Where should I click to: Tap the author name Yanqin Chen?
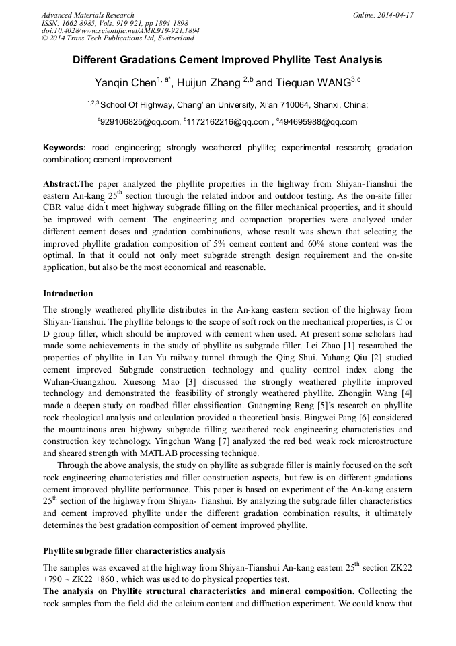coord(125,83)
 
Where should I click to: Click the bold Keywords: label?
coord(65,147)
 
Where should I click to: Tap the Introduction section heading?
coord(68,294)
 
